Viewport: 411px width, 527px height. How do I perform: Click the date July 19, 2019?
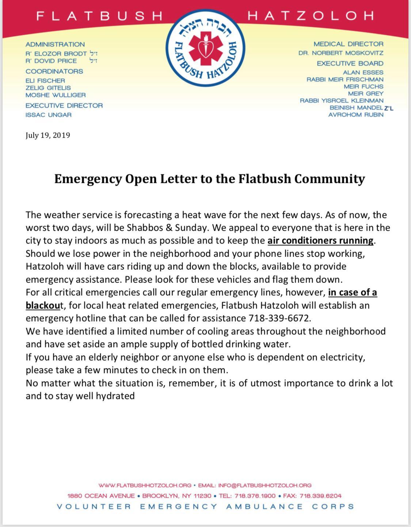[x=48, y=135]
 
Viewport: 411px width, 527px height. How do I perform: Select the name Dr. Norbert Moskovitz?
[x=341, y=53]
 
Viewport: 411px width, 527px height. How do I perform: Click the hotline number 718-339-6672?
[x=279, y=318]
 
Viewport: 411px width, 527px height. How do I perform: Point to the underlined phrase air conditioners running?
[x=320, y=241]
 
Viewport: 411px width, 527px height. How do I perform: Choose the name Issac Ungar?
[x=49, y=115]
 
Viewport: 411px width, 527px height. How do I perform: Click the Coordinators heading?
[x=54, y=72]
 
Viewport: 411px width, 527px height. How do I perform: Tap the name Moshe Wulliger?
[x=56, y=95]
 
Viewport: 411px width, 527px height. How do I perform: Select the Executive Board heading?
[x=350, y=64]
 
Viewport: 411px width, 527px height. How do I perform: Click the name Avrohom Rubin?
[x=356, y=115]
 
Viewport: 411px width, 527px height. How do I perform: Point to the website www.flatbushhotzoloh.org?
[x=145, y=485]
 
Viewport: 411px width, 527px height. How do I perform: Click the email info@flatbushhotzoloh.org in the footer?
[x=265, y=485]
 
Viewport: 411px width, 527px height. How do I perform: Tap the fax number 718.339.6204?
[x=320, y=496]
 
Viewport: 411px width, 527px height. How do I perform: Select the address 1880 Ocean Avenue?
[x=101, y=496]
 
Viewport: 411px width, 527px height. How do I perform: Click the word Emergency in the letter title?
[x=88, y=179]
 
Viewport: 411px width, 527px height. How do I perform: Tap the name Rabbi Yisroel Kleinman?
[x=342, y=100]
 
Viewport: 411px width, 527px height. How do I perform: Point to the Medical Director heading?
[x=349, y=44]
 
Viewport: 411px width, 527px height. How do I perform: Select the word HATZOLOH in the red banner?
[x=311, y=16]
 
